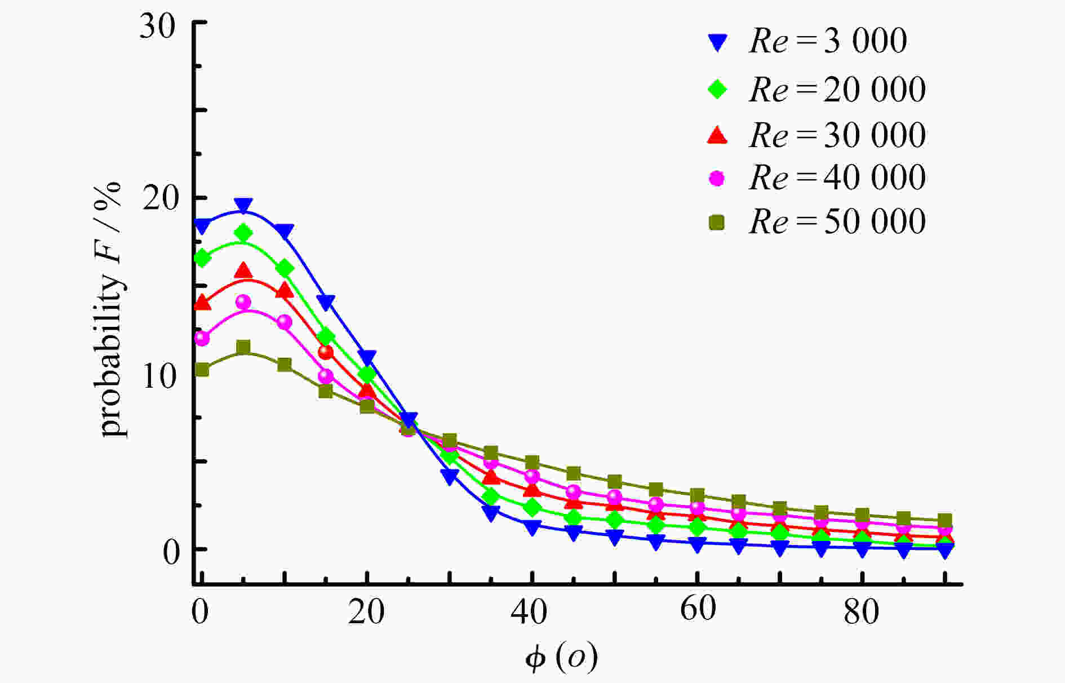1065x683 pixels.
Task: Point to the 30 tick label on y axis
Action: tap(157, 26)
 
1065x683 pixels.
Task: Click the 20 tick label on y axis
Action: tap(159, 198)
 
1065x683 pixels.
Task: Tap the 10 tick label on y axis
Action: tap(159, 376)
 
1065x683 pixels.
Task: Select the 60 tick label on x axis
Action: tap(698, 609)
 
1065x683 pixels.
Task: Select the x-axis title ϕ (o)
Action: tap(561, 657)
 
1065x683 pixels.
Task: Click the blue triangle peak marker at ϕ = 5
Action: tap(243, 206)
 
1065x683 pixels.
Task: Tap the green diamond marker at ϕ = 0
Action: tap(202, 258)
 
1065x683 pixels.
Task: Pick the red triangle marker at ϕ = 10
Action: tap(285, 291)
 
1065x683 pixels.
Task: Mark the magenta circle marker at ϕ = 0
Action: tap(202, 338)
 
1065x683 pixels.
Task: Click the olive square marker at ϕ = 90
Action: tap(944, 520)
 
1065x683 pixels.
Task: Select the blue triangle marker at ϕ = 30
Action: tap(449, 477)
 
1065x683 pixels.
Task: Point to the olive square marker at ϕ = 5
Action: tap(243, 347)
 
